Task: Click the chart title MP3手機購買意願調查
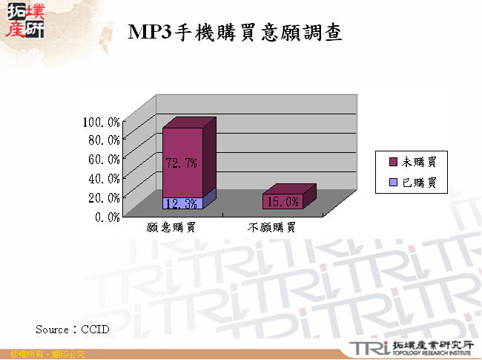[x=235, y=32]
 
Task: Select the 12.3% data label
[x=181, y=203]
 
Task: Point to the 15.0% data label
[x=282, y=201]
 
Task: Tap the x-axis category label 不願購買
[x=271, y=228]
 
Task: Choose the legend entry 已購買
[x=420, y=182]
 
